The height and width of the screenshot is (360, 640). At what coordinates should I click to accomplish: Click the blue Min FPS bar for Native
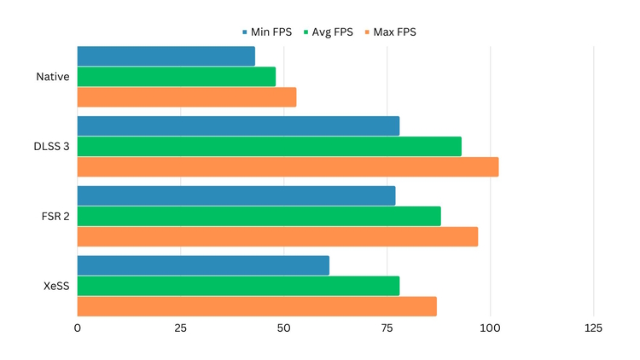point(166,56)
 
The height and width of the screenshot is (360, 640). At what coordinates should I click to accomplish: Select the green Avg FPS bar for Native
point(177,77)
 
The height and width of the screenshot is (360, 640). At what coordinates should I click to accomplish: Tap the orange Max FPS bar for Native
point(187,97)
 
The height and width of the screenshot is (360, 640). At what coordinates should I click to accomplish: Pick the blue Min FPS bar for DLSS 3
point(238,126)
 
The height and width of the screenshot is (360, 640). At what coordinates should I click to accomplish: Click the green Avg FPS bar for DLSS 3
point(270,147)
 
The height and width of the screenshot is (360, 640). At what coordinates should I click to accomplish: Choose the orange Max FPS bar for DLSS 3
point(288,167)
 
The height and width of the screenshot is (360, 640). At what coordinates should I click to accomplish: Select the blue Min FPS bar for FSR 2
point(236,196)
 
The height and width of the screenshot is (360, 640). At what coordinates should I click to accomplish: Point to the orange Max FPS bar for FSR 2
point(277,236)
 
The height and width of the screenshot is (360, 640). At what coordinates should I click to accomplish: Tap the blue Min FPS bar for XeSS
point(203,265)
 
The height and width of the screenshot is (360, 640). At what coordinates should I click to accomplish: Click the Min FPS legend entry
point(266,32)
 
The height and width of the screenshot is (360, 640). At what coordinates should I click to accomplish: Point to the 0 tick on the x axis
point(78,328)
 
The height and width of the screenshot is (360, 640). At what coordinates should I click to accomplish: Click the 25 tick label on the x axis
point(181,328)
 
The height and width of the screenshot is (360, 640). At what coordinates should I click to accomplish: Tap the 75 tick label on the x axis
point(387,328)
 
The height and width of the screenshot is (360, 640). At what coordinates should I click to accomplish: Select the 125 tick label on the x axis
point(593,328)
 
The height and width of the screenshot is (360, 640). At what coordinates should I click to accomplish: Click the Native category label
point(53,77)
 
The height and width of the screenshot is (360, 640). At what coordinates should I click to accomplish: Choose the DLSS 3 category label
point(51,147)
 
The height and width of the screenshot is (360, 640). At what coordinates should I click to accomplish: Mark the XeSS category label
point(56,286)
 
